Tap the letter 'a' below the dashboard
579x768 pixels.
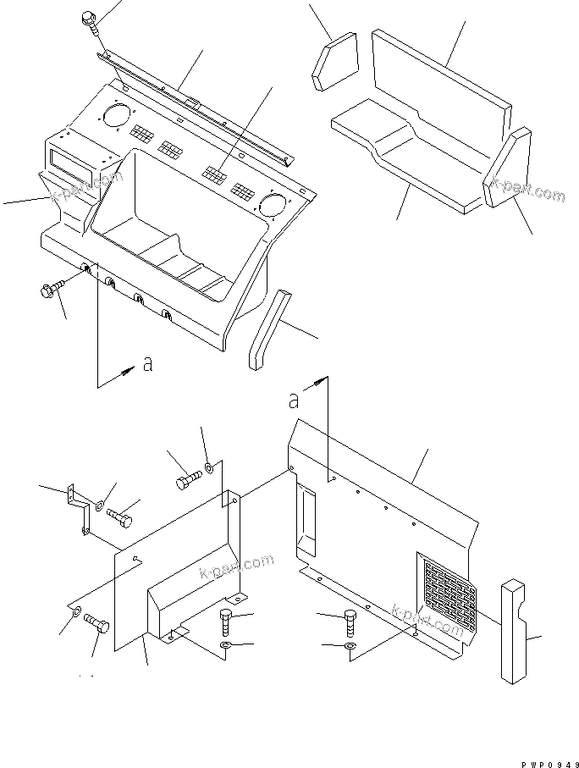(x=147, y=364)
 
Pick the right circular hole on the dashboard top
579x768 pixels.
(x=273, y=203)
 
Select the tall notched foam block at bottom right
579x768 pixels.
(x=514, y=632)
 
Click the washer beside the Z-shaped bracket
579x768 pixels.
(x=101, y=506)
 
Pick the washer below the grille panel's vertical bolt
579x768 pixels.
(x=350, y=649)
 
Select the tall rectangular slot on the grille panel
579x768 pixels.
(x=305, y=519)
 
